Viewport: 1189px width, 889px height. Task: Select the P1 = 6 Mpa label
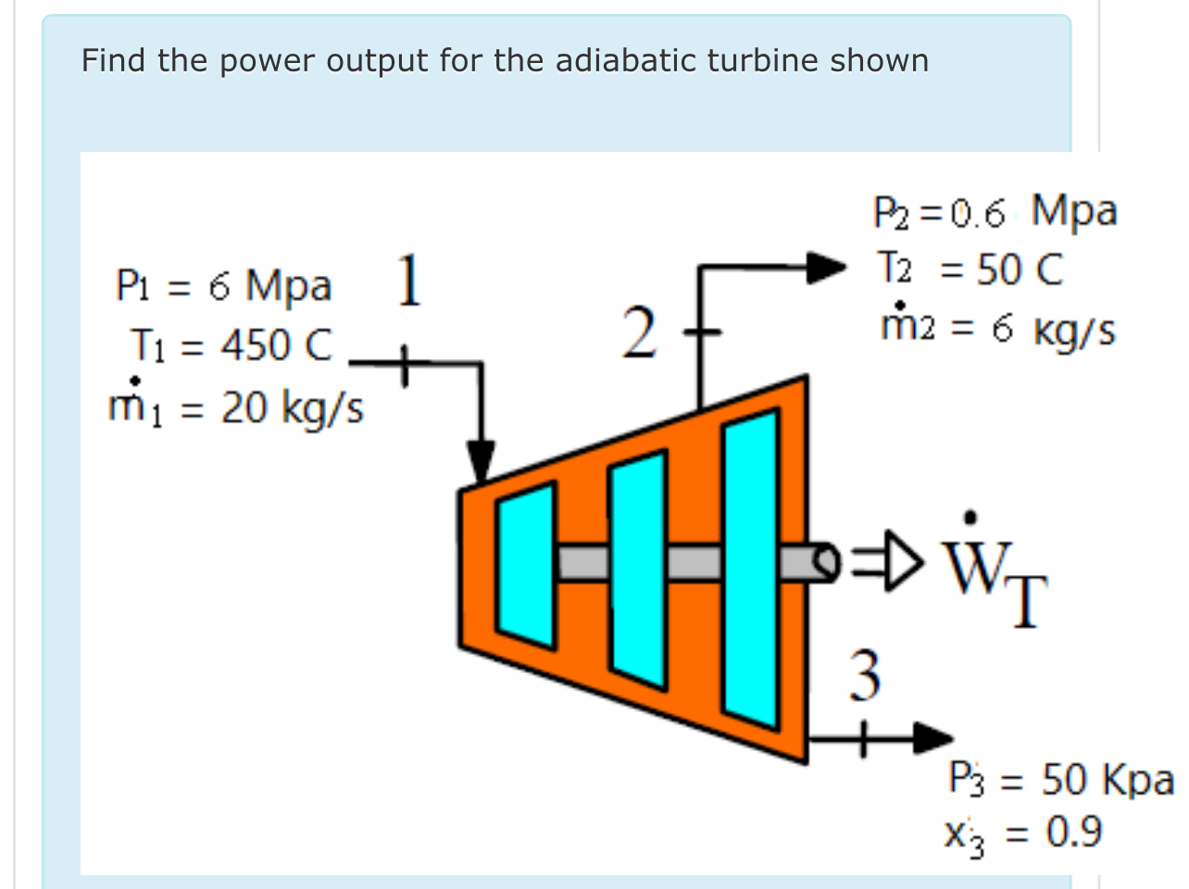[x=223, y=285]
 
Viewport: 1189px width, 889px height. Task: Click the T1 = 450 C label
[x=231, y=345]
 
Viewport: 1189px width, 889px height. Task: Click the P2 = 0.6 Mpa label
[x=995, y=212]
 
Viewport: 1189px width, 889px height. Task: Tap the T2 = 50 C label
[x=970, y=269]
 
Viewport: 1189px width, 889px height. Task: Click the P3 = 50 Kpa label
[x=1061, y=779]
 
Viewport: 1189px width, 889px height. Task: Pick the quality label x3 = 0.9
[x=1022, y=833]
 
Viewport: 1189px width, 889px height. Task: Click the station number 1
[x=408, y=281]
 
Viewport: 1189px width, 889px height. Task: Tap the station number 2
[x=639, y=333]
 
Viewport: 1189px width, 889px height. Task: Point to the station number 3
[x=865, y=675]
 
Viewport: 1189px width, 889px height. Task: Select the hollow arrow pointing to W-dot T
[x=888, y=558]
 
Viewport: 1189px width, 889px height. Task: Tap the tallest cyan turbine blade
[x=751, y=568]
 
